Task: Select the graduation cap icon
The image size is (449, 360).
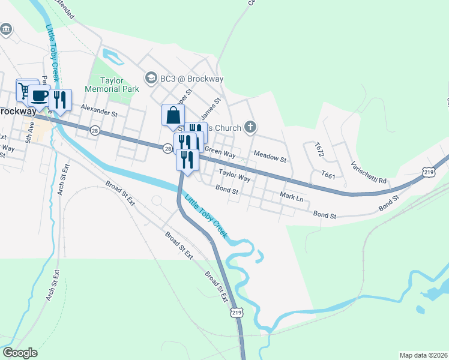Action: tap(151, 79)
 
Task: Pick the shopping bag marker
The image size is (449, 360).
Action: tap(173, 115)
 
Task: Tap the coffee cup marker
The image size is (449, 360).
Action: tap(40, 95)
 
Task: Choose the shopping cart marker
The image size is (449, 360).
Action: tap(25, 91)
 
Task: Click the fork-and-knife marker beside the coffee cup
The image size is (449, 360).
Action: tap(59, 100)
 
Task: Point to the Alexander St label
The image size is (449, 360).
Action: tap(99, 112)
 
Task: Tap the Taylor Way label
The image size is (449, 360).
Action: tap(234, 176)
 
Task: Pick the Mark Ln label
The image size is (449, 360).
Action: tap(292, 197)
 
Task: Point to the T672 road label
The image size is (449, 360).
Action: tap(318, 150)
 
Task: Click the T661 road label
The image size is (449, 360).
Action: tap(328, 175)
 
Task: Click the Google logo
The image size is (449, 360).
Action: tap(20, 352)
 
